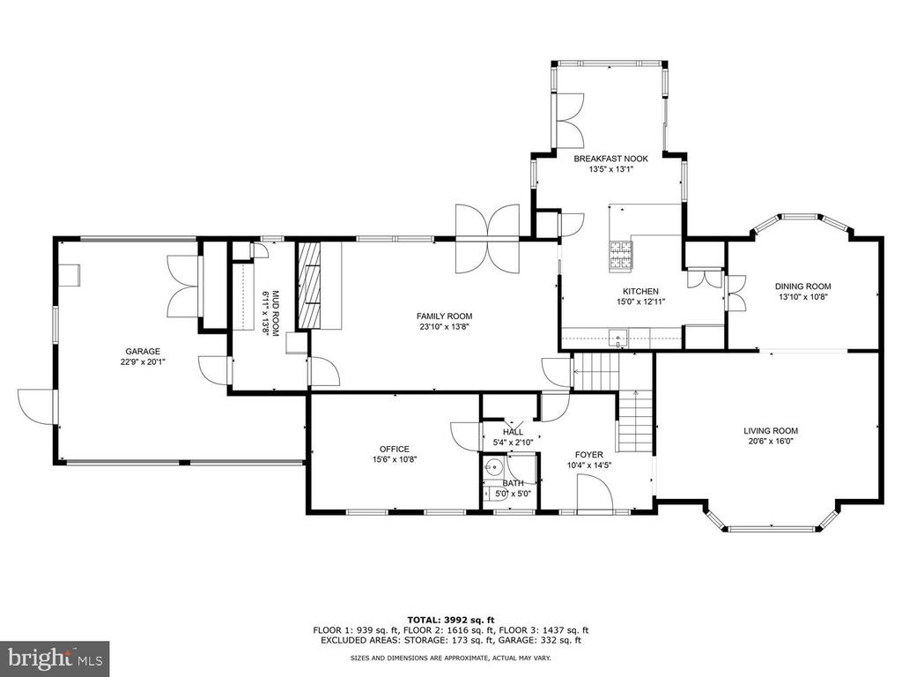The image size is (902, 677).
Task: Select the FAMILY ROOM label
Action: [444, 316]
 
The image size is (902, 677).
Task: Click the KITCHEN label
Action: [640, 291]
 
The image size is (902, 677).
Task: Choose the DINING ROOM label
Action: [802, 286]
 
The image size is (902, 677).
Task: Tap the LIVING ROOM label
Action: [770, 430]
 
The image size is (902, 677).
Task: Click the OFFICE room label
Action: [394, 449]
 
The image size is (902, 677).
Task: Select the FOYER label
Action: [588, 455]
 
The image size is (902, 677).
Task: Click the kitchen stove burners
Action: [620, 255]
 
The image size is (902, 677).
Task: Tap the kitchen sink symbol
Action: [618, 338]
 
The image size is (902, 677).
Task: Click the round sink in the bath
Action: [493, 467]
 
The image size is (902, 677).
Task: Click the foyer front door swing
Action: [595, 494]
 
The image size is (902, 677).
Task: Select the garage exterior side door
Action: [36, 407]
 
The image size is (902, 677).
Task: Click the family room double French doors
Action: [488, 238]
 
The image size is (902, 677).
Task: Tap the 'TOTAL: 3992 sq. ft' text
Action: [450, 620]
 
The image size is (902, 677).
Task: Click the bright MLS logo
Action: [55, 658]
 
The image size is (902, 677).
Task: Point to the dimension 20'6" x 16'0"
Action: [770, 442]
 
